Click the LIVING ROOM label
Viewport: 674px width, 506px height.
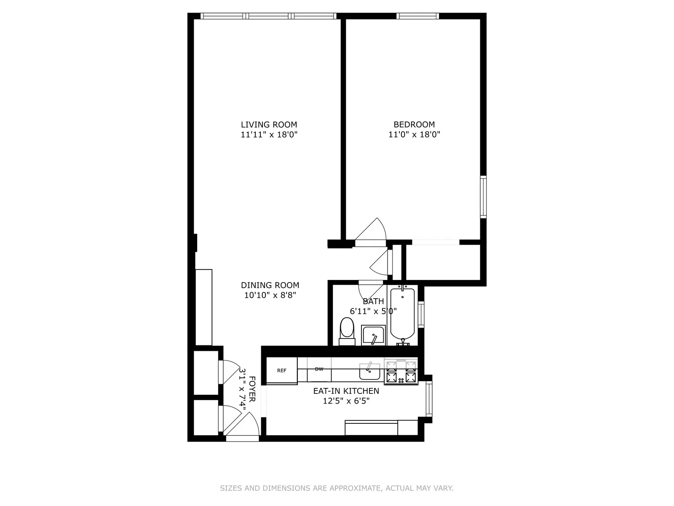tap(269, 124)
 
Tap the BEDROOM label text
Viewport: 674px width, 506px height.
tap(414, 124)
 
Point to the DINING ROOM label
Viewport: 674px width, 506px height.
tap(270, 285)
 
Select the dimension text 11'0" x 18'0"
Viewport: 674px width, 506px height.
tap(414, 135)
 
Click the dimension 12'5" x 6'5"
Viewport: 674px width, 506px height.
tap(346, 401)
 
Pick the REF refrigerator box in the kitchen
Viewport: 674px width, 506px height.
tap(282, 371)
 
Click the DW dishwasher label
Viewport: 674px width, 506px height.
tap(319, 369)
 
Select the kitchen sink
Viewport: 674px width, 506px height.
tap(369, 371)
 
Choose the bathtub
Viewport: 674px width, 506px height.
tap(403, 314)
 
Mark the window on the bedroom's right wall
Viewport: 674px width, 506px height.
tap(483, 197)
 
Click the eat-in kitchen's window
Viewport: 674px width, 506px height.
tap(429, 398)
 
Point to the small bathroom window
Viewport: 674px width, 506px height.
tap(421, 314)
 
